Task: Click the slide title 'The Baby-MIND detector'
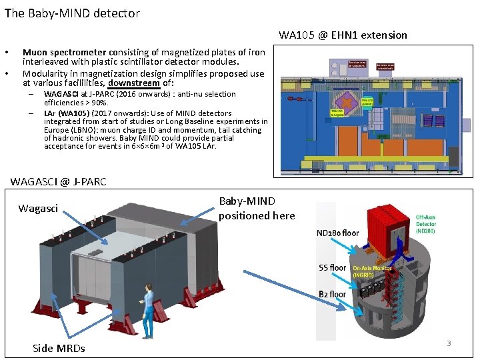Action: (72, 13)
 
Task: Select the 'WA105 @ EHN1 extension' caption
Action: (343, 35)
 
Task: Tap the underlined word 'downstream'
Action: (133, 83)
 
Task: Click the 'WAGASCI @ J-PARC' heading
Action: (59, 181)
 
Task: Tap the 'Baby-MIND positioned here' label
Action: (256, 208)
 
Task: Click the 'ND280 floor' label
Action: (337, 233)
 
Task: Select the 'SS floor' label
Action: (332, 267)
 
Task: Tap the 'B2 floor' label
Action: (332, 293)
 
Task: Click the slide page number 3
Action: (449, 343)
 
